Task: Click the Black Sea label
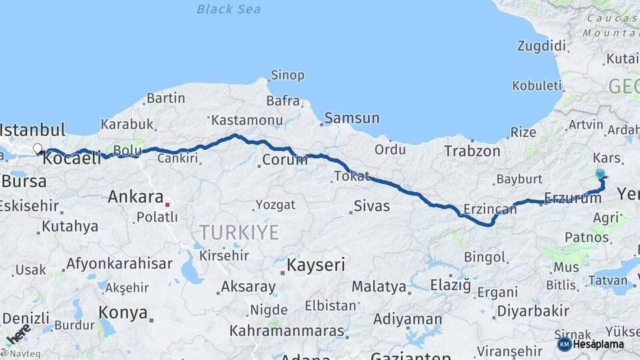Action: click(x=229, y=9)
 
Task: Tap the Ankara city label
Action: click(x=135, y=197)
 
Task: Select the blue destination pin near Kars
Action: click(x=600, y=174)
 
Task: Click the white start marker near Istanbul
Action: click(x=37, y=149)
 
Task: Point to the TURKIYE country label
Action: click(x=239, y=233)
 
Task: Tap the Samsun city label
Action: click(x=351, y=119)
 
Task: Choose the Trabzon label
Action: click(x=473, y=151)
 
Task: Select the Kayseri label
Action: click(x=315, y=265)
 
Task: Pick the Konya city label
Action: click(x=123, y=312)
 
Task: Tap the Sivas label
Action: click(x=371, y=205)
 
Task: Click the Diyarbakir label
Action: click(x=533, y=311)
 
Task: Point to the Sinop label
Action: click(x=287, y=75)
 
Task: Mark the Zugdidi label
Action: click(x=541, y=46)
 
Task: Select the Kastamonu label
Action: click(x=239, y=121)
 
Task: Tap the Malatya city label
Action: click(x=379, y=287)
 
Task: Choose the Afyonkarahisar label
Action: click(x=119, y=263)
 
